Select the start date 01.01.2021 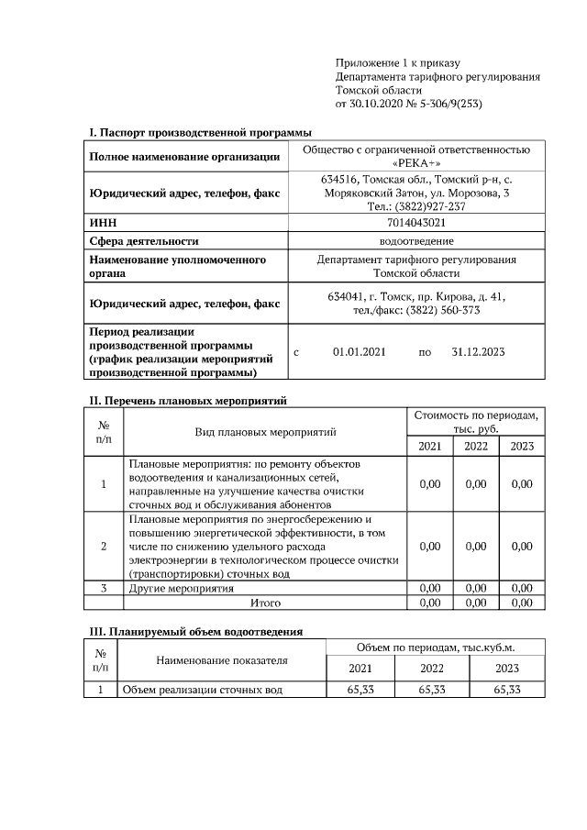360,351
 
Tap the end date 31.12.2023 479,351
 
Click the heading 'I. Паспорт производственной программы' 200,134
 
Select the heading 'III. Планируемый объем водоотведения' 195,632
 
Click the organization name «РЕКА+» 416,162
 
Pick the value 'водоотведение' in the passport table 415,241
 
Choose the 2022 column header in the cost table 476,446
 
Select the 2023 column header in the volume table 507,669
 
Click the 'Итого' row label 265,603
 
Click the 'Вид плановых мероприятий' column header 265,431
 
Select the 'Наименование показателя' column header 221,659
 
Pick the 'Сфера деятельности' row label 144,241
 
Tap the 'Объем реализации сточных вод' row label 202,690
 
